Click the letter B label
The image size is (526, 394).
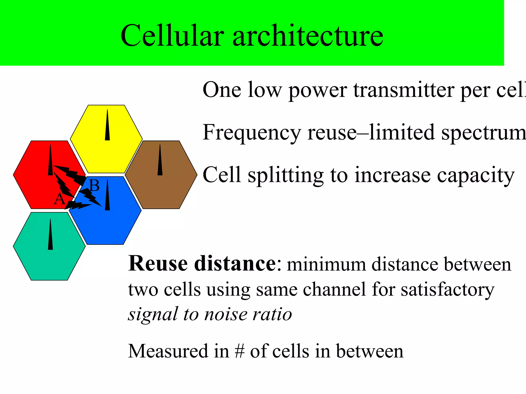coord(94,185)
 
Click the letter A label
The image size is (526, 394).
coord(59,199)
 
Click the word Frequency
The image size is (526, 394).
coord(252,133)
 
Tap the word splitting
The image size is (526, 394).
coord(285,175)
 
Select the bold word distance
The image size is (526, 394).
coord(235,264)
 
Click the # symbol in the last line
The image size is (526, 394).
coord(239,351)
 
